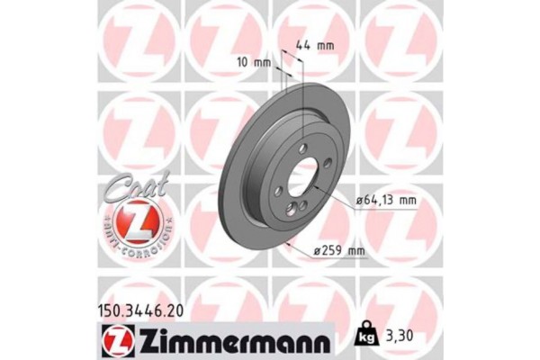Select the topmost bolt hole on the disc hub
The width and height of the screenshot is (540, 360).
[305, 149]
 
